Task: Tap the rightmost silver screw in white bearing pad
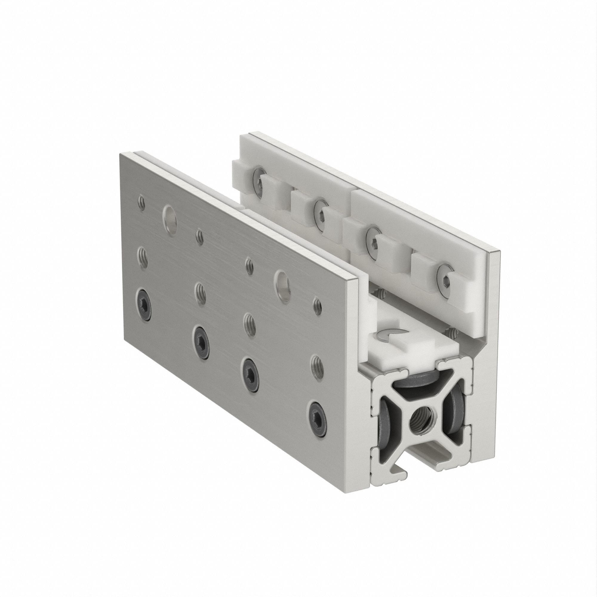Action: [445, 274]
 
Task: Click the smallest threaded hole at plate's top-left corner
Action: [142, 203]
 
